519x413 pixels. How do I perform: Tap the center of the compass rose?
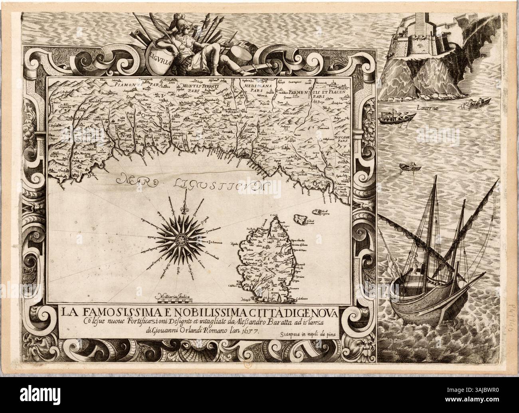tap(183, 239)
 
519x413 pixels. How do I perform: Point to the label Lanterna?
tap(426, 108)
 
